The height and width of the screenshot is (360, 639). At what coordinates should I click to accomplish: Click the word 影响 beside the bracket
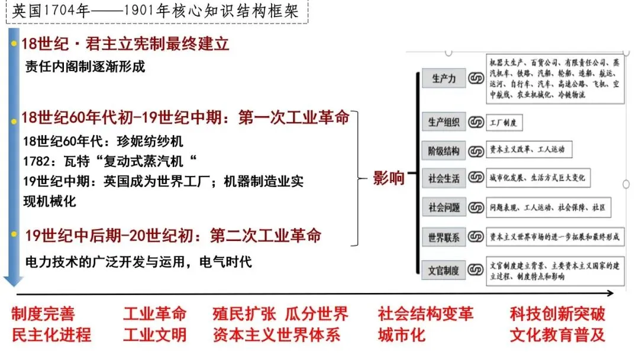[389, 178]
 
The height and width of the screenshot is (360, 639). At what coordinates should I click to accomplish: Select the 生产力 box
[444, 78]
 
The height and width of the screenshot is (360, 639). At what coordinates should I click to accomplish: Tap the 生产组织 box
[444, 123]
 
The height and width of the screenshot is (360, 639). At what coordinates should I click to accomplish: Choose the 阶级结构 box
[444, 151]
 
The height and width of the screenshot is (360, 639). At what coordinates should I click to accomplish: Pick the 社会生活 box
[444, 178]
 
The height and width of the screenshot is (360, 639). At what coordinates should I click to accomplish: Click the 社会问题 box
[444, 208]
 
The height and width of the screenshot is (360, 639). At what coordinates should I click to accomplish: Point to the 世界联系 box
[444, 237]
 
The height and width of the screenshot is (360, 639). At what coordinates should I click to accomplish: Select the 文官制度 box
[444, 271]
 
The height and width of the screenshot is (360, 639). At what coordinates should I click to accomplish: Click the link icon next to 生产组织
[476, 123]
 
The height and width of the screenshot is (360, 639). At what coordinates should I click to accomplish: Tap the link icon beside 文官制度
[476, 271]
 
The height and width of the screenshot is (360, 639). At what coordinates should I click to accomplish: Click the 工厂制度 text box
[504, 123]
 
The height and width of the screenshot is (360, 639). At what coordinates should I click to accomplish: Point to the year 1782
[35, 161]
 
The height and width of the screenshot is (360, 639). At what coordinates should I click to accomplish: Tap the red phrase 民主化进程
[51, 335]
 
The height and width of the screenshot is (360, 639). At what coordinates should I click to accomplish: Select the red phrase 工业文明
[154, 335]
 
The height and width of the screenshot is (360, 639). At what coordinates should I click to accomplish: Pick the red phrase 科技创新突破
[557, 314]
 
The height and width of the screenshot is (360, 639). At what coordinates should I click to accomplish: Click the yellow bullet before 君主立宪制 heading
[14, 44]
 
